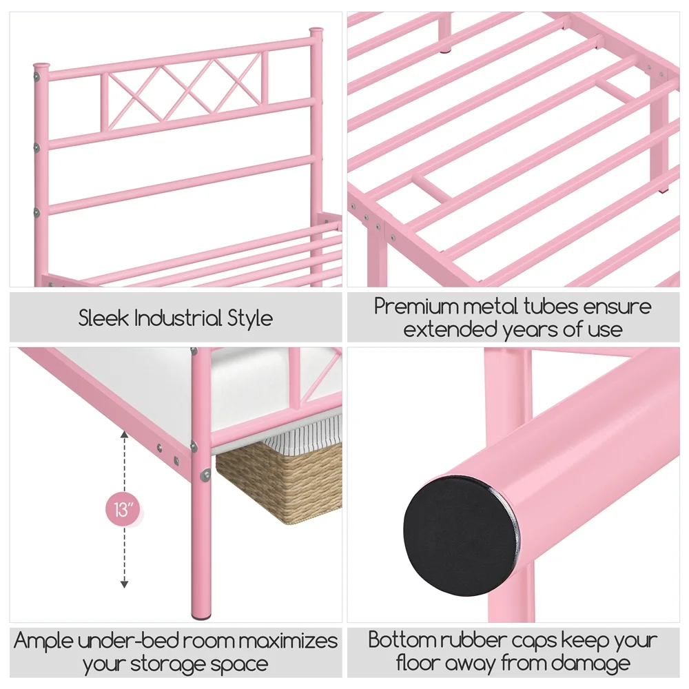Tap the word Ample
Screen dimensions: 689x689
click(x=43, y=641)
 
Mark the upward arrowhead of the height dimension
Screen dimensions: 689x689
click(x=124, y=434)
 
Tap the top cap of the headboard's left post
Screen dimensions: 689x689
click(x=41, y=66)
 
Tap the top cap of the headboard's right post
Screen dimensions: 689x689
click(x=316, y=31)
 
